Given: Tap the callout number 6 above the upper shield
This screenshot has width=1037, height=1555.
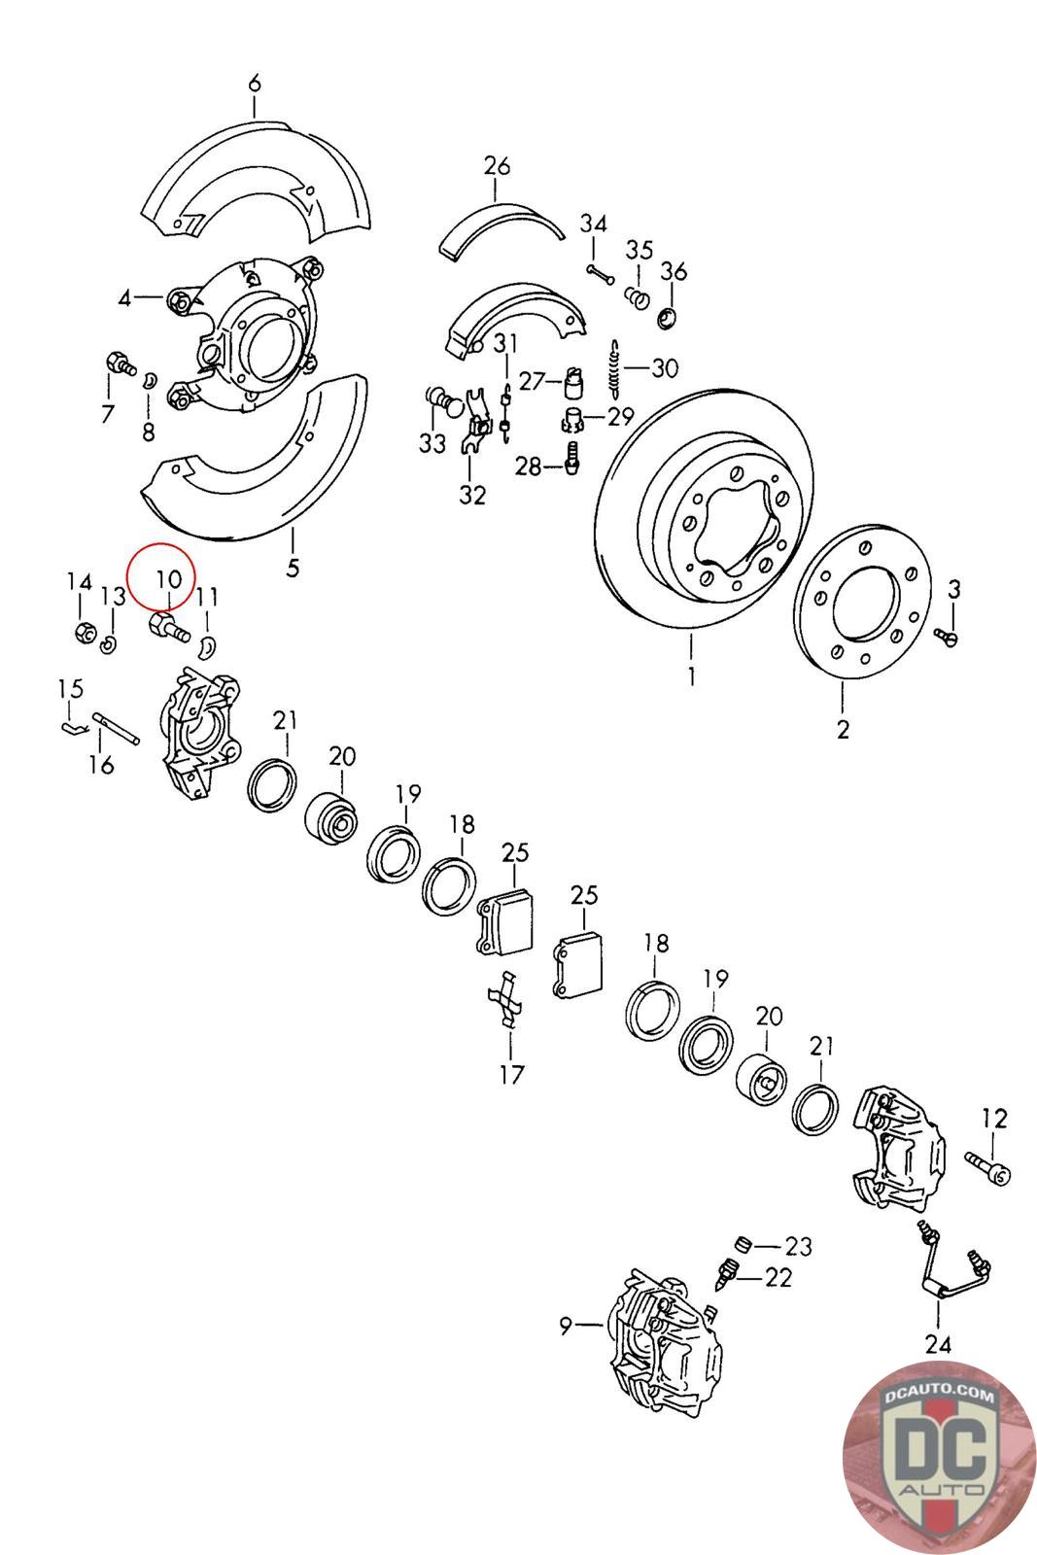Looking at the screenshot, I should tap(255, 84).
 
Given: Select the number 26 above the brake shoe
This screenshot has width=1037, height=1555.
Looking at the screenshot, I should tap(497, 167).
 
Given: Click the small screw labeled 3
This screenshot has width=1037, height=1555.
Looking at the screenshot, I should tap(947, 636).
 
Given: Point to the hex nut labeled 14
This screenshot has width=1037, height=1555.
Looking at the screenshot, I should tap(84, 633).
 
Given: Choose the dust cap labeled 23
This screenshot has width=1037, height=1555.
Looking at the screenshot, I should tap(743, 1244).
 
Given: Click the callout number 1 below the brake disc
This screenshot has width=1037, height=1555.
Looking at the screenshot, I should tap(692, 675).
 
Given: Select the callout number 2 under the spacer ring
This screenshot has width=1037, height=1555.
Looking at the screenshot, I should tap(843, 728).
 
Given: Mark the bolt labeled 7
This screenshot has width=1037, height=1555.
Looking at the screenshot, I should tap(117, 367).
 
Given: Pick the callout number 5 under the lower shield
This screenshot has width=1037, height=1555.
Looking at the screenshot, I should tap(293, 567).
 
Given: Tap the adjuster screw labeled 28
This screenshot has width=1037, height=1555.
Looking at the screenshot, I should tap(571, 455).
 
